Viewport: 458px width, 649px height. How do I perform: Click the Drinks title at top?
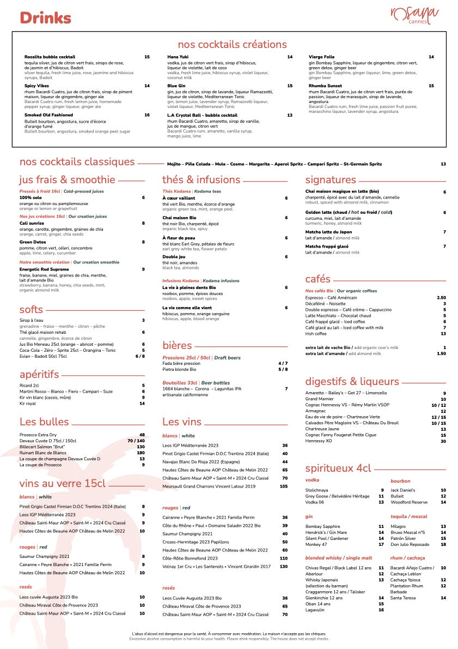[46, 18]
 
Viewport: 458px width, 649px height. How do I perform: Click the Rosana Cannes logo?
[414, 15]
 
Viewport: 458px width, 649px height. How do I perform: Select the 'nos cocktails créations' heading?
[232, 44]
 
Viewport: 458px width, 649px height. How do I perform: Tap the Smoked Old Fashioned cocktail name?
[48, 115]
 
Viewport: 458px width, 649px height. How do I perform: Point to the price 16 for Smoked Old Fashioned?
[147, 115]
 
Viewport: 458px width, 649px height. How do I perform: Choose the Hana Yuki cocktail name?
[177, 57]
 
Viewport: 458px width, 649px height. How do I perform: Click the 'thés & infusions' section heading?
[201, 179]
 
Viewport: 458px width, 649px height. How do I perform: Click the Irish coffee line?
[316, 334]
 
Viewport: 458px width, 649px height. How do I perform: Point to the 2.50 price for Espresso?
[441, 298]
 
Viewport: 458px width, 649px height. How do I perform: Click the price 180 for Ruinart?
[141, 453]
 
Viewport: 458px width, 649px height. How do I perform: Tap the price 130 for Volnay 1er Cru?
[283, 567]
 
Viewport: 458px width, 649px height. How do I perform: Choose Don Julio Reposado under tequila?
[411, 544]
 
